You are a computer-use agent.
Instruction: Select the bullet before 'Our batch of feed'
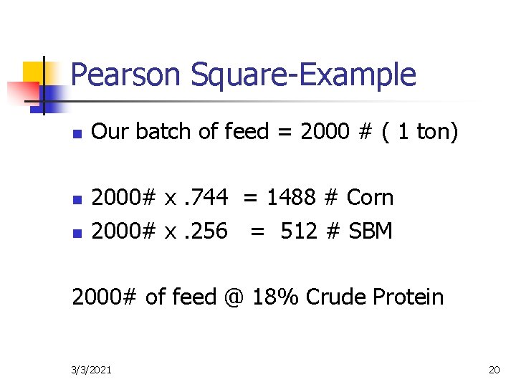pyautogui.click(x=78, y=133)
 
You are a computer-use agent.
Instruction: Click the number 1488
pyautogui.click(x=295, y=197)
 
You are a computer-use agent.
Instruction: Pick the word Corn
pyautogui.click(x=370, y=197)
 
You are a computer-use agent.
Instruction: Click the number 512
pyautogui.click(x=302, y=231)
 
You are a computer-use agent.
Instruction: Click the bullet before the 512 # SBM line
pyautogui.click(x=78, y=232)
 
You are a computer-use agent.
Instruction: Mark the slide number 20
pyautogui.click(x=494, y=370)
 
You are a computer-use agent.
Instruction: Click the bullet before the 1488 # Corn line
pyautogui.click(x=78, y=199)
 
